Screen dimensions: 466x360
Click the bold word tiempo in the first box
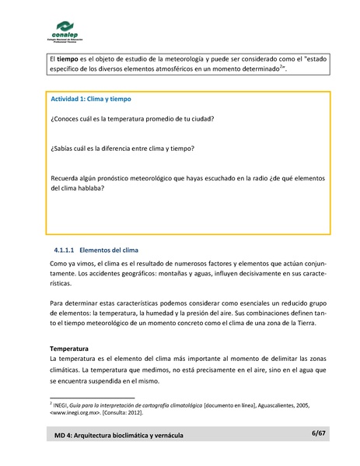(x=68, y=58)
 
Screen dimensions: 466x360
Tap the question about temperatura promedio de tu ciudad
(x=132, y=118)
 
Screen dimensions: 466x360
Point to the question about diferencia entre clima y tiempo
(x=122, y=148)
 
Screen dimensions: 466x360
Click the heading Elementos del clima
(x=109, y=251)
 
